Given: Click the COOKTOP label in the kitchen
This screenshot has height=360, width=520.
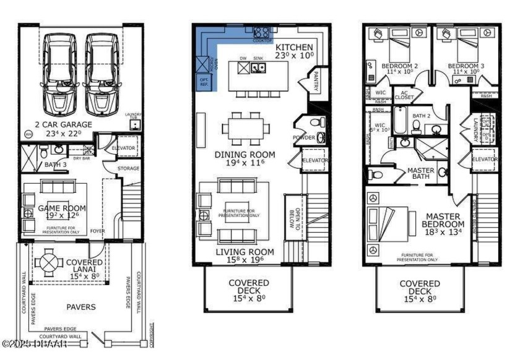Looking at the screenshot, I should coord(262,40).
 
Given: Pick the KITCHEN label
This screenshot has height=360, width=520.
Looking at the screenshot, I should coord(294,48).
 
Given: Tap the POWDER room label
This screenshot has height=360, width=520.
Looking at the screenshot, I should coord(304,137).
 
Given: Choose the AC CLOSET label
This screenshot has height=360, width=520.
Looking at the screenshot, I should coord(404,95).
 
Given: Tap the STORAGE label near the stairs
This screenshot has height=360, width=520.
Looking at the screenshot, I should coord(129,168).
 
